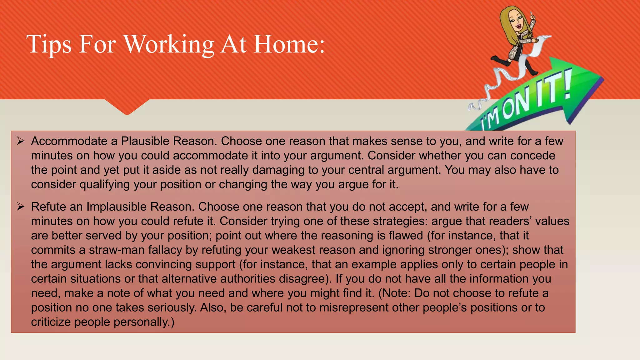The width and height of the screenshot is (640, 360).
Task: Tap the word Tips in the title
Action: tap(49, 44)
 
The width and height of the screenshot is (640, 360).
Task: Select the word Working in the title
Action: tap(169, 44)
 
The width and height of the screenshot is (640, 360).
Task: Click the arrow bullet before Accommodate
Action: tap(21, 141)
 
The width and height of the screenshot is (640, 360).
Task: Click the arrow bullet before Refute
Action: tap(21, 207)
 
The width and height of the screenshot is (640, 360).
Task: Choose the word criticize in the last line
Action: tap(51, 322)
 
